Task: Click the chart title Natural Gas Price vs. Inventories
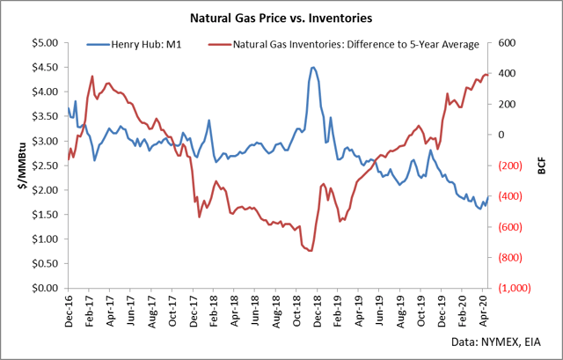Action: pyautogui.click(x=281, y=17)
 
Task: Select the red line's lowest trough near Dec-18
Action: pyautogui.click(x=310, y=251)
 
